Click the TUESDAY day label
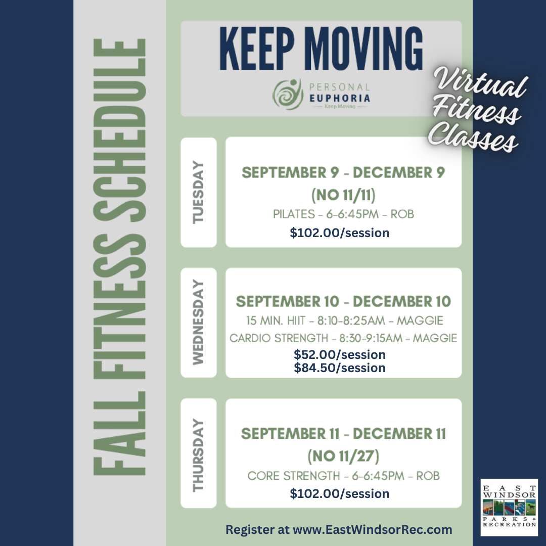point(198,192)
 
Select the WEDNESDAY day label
point(198,322)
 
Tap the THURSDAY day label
point(198,455)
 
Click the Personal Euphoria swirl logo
point(288,95)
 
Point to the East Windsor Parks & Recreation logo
point(510,507)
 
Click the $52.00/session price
point(340,354)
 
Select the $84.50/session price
point(340,368)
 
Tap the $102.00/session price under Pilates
point(340,233)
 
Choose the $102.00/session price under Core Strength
point(340,493)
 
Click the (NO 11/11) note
point(343,195)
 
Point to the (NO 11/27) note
point(343,456)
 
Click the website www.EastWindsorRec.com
point(373,530)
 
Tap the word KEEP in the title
point(257,49)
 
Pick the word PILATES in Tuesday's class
point(294,214)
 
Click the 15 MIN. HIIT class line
point(345,321)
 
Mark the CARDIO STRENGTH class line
point(343,338)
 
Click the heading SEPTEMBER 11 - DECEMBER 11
point(343,434)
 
